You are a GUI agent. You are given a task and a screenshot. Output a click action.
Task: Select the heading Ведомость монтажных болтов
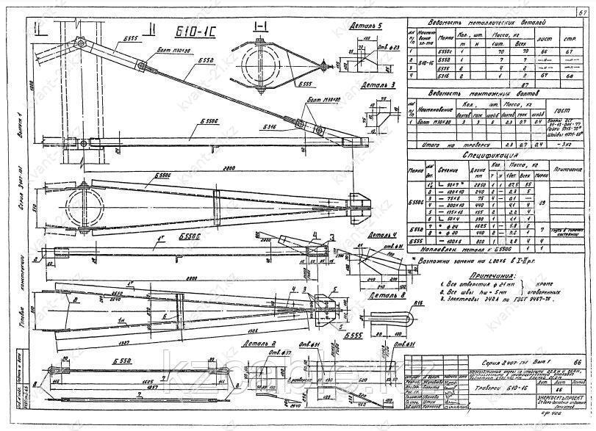[x=483, y=94]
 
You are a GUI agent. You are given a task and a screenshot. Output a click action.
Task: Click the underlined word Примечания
[x=474, y=272]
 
